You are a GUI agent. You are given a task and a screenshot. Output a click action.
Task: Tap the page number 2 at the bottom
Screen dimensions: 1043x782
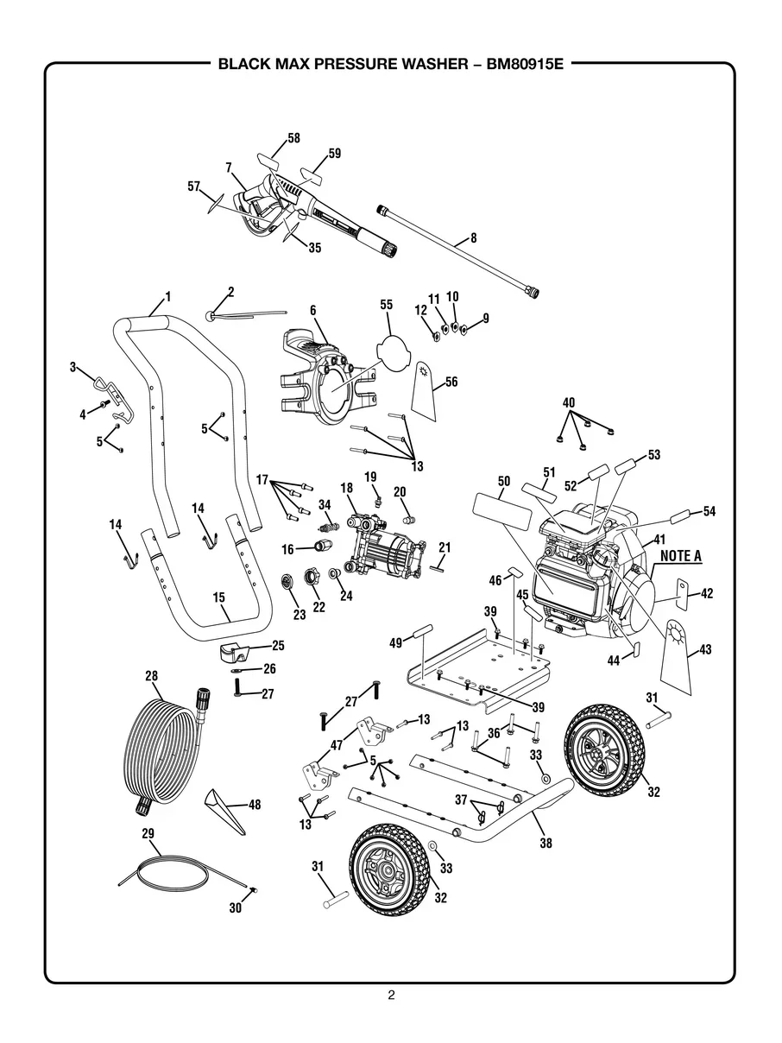(391, 995)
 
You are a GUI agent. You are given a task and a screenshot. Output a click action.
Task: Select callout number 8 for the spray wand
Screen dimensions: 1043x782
(473, 237)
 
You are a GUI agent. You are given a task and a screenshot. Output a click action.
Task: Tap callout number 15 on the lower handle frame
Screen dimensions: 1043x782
(218, 596)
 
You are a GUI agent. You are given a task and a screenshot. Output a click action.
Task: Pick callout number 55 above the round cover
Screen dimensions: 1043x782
(386, 305)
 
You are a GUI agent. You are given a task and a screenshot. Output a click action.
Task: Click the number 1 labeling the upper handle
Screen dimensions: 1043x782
(167, 296)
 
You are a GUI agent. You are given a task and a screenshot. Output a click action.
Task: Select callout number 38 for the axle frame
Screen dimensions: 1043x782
(546, 843)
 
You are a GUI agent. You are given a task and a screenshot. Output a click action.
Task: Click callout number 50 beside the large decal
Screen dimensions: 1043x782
(505, 481)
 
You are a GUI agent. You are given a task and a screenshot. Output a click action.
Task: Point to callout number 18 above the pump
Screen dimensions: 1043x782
(347, 488)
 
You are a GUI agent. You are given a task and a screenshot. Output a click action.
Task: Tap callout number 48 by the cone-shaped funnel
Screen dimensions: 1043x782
(254, 805)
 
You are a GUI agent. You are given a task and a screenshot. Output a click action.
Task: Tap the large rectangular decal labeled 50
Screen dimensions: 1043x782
(501, 513)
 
